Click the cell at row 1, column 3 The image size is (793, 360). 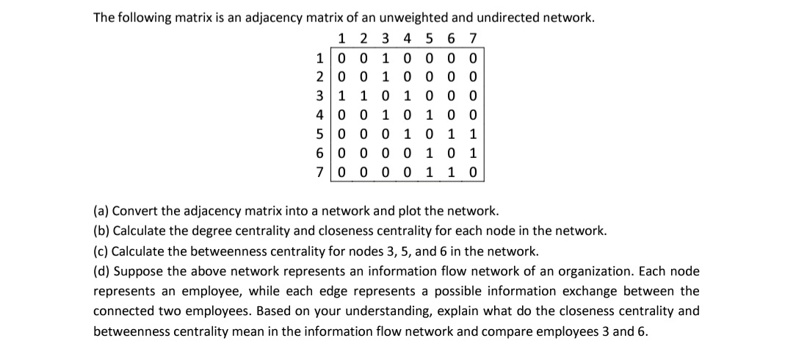click(x=385, y=57)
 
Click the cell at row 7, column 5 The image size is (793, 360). click(x=430, y=172)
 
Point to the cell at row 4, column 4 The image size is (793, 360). click(x=408, y=115)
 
